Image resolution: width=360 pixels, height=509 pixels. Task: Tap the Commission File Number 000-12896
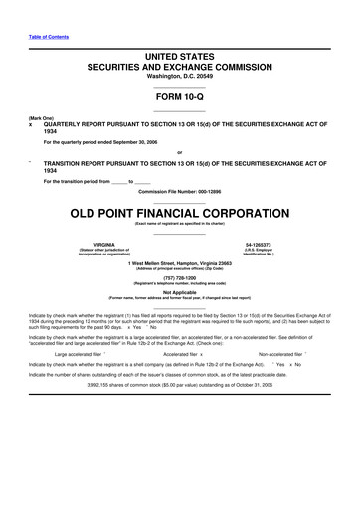[x=180, y=191]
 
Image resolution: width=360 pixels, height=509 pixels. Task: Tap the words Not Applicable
[x=180, y=292]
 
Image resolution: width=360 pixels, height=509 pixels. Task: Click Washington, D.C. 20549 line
[x=180, y=77]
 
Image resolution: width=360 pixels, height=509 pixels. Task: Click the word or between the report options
[x=180, y=151]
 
